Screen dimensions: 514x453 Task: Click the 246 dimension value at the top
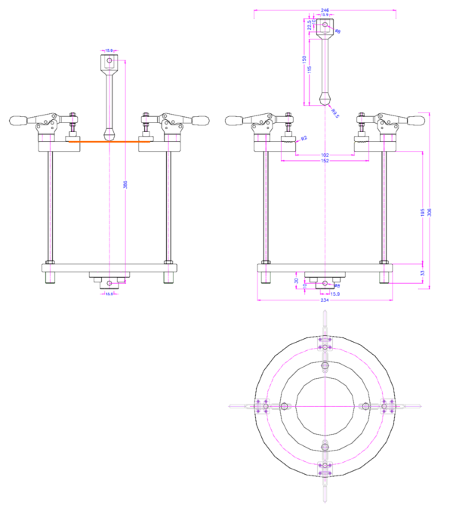pyautogui.click(x=325, y=8)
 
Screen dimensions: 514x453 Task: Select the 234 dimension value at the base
pyautogui.click(x=325, y=300)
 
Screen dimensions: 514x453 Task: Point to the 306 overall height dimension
pyautogui.click(x=430, y=212)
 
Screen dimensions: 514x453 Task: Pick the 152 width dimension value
pyautogui.click(x=325, y=161)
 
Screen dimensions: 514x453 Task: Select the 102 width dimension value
pyautogui.click(x=325, y=155)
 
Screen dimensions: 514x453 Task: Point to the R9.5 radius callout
pyautogui.click(x=334, y=112)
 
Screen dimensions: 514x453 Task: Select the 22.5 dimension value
pyautogui.click(x=310, y=25)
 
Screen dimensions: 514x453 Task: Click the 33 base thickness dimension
pyautogui.click(x=422, y=273)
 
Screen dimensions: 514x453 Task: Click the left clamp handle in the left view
pyautogui.click(x=20, y=120)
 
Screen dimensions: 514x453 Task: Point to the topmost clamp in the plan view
pyautogui.click(x=325, y=343)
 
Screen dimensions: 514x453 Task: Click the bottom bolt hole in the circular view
pyautogui.click(x=325, y=446)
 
